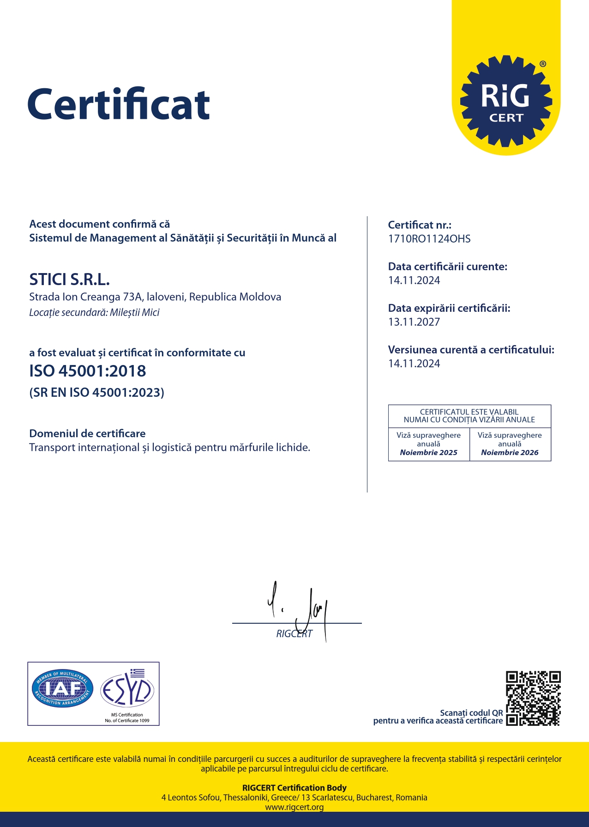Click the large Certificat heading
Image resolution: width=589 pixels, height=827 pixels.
click(x=119, y=104)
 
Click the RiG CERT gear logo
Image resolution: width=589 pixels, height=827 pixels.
click(x=506, y=101)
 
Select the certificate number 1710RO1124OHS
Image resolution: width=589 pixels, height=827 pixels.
click(x=429, y=239)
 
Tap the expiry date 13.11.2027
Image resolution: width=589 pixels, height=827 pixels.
click(x=414, y=322)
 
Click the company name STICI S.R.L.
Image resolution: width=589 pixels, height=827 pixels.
click(x=70, y=280)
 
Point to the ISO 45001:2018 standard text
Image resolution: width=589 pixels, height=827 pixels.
click(x=88, y=371)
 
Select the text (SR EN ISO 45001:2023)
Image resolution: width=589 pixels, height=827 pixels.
click(x=97, y=393)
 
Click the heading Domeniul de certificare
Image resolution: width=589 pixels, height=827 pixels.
click(x=87, y=433)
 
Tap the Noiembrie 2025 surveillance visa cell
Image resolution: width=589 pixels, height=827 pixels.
click(x=428, y=444)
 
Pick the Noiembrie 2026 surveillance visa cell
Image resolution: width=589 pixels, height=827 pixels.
click(x=510, y=444)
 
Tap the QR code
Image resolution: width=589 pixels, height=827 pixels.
click(x=533, y=698)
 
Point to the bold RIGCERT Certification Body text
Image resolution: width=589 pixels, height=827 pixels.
click(x=294, y=788)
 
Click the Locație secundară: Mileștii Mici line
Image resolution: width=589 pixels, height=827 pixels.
click(x=94, y=312)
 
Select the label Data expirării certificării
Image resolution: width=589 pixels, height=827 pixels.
click(x=449, y=308)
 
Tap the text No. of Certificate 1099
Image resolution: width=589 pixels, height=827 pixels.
click(x=127, y=720)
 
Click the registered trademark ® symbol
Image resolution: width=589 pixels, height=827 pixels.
click(x=543, y=64)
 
